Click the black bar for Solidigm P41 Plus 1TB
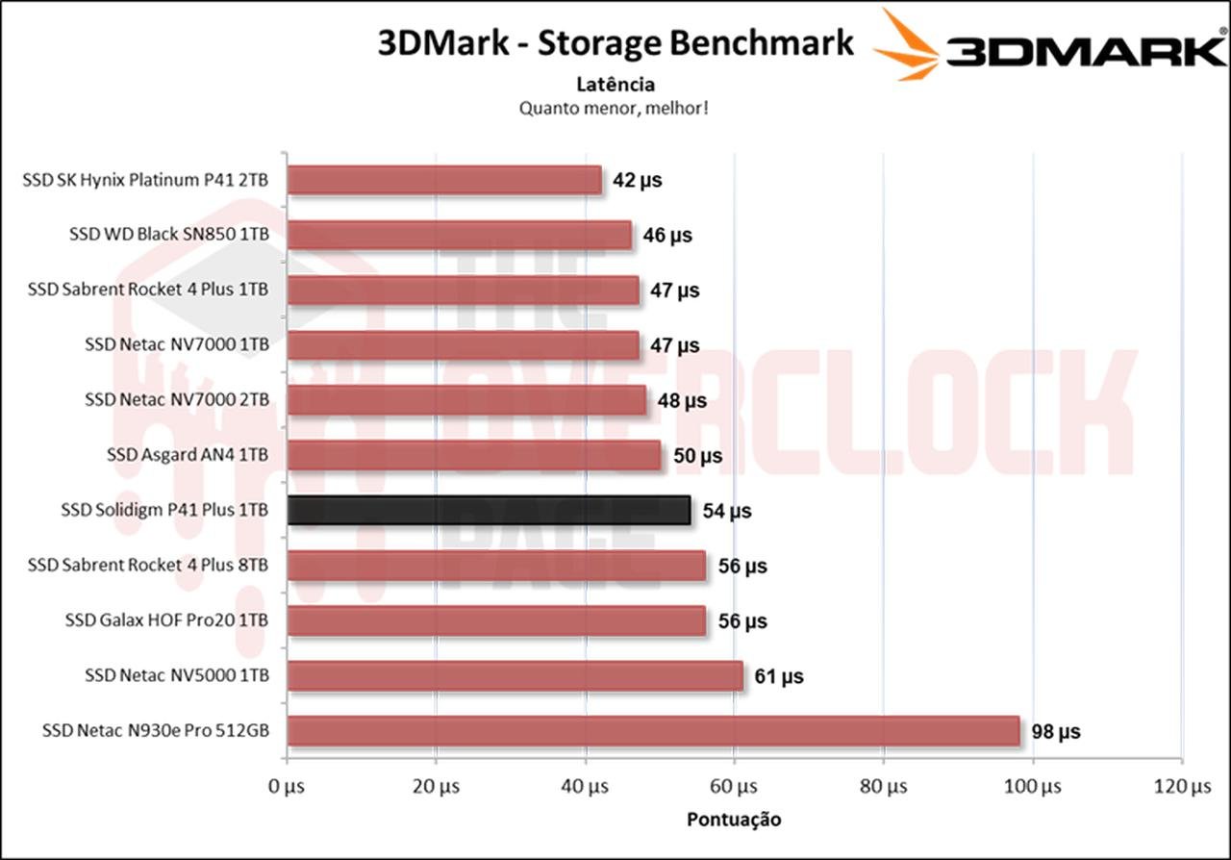pyautogui.click(x=489, y=511)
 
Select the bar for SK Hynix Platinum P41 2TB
pyautogui.click(x=444, y=180)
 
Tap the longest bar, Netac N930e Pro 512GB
pyautogui.click(x=653, y=731)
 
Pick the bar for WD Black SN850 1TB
pyautogui.click(x=459, y=235)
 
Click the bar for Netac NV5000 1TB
pyautogui.click(x=515, y=676)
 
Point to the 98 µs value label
pyautogui.click(x=1056, y=732)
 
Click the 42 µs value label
pyautogui.click(x=638, y=180)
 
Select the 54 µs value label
pyautogui.click(x=727, y=511)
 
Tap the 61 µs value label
pyautogui.click(x=779, y=676)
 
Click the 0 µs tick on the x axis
pyautogui.click(x=287, y=787)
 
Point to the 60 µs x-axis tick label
pyautogui.click(x=735, y=787)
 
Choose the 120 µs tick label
pyautogui.click(x=1182, y=787)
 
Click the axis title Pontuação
pyautogui.click(x=734, y=820)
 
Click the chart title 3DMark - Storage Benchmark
pyautogui.click(x=615, y=43)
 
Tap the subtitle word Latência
pyautogui.click(x=615, y=85)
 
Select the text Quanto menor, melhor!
pyautogui.click(x=615, y=108)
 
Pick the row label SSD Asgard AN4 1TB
pyautogui.click(x=188, y=455)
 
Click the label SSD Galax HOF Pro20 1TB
pyautogui.click(x=166, y=620)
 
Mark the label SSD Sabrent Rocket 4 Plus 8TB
pyautogui.click(x=148, y=566)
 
